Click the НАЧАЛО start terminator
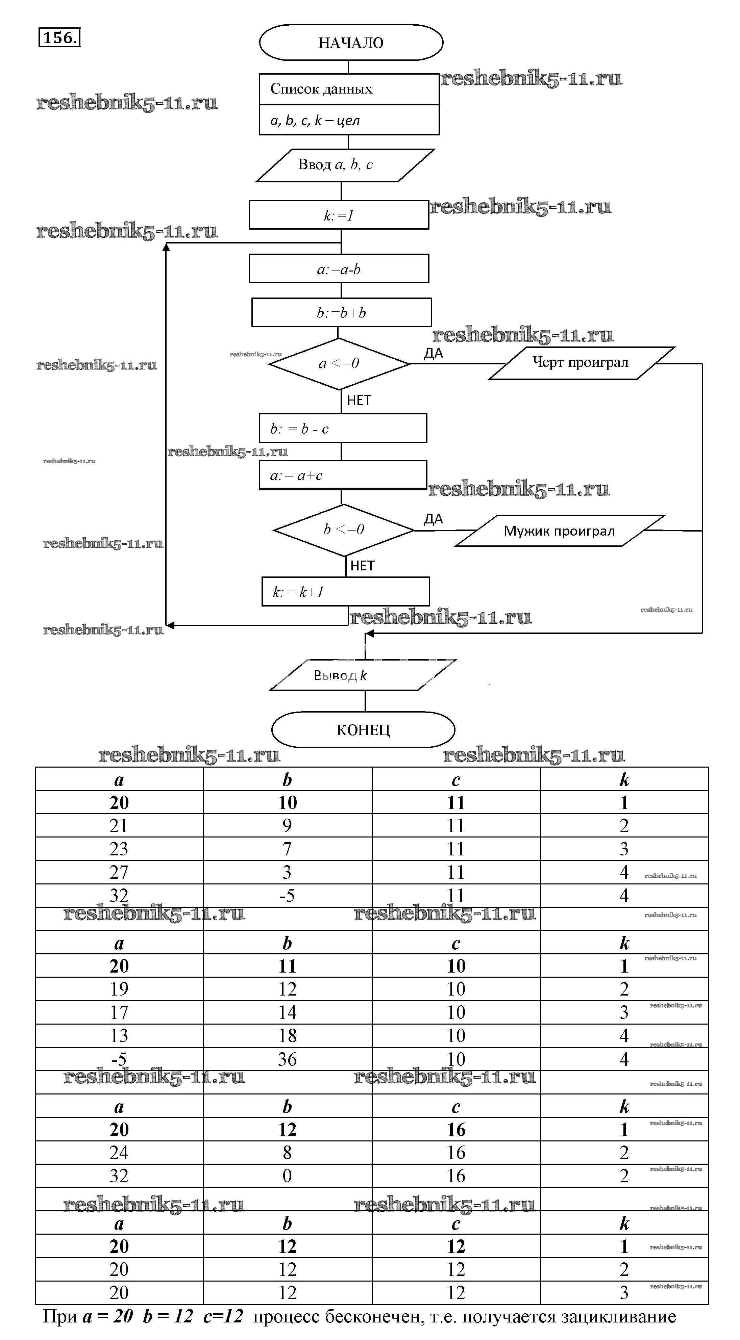(351, 43)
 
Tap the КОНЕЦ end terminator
(363, 730)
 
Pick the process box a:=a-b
(339, 269)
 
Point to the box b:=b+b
(341, 313)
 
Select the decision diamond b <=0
(343, 530)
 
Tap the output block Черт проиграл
(581, 363)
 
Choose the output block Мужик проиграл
(560, 531)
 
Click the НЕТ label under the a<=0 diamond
(359, 401)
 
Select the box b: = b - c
(343, 429)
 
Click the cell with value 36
(287, 1059)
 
